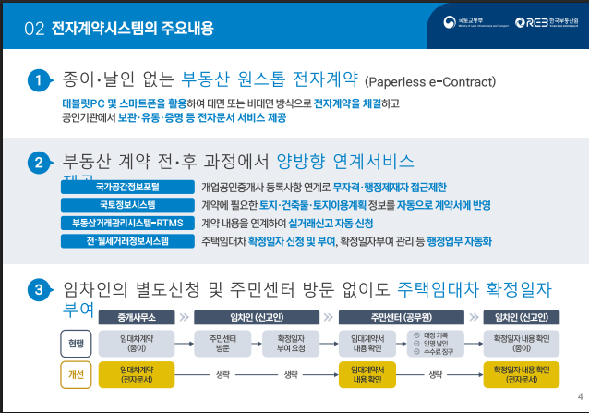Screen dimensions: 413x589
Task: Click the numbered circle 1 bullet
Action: (x=37, y=81)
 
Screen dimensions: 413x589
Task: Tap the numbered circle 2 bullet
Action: (x=37, y=164)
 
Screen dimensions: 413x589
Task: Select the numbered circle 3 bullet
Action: (x=37, y=290)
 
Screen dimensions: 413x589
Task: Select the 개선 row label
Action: (x=76, y=374)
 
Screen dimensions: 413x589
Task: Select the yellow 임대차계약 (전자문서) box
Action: (x=136, y=374)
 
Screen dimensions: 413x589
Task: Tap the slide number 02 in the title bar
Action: (x=34, y=29)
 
